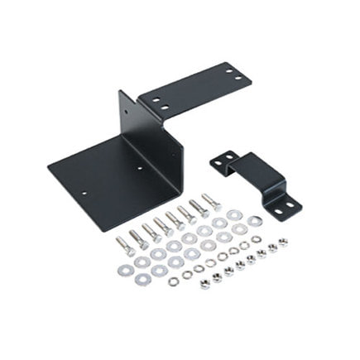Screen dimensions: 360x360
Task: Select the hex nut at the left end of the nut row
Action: pyautogui.click(x=204, y=286)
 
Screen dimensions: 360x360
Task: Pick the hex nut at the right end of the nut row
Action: pyautogui.click(x=283, y=242)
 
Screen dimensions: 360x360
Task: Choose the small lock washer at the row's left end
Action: pyautogui.click(x=173, y=281)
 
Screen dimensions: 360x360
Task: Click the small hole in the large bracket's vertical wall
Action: pyautogui.click(x=125, y=114)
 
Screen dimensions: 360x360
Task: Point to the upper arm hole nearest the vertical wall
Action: pyautogui.click(x=155, y=98)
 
